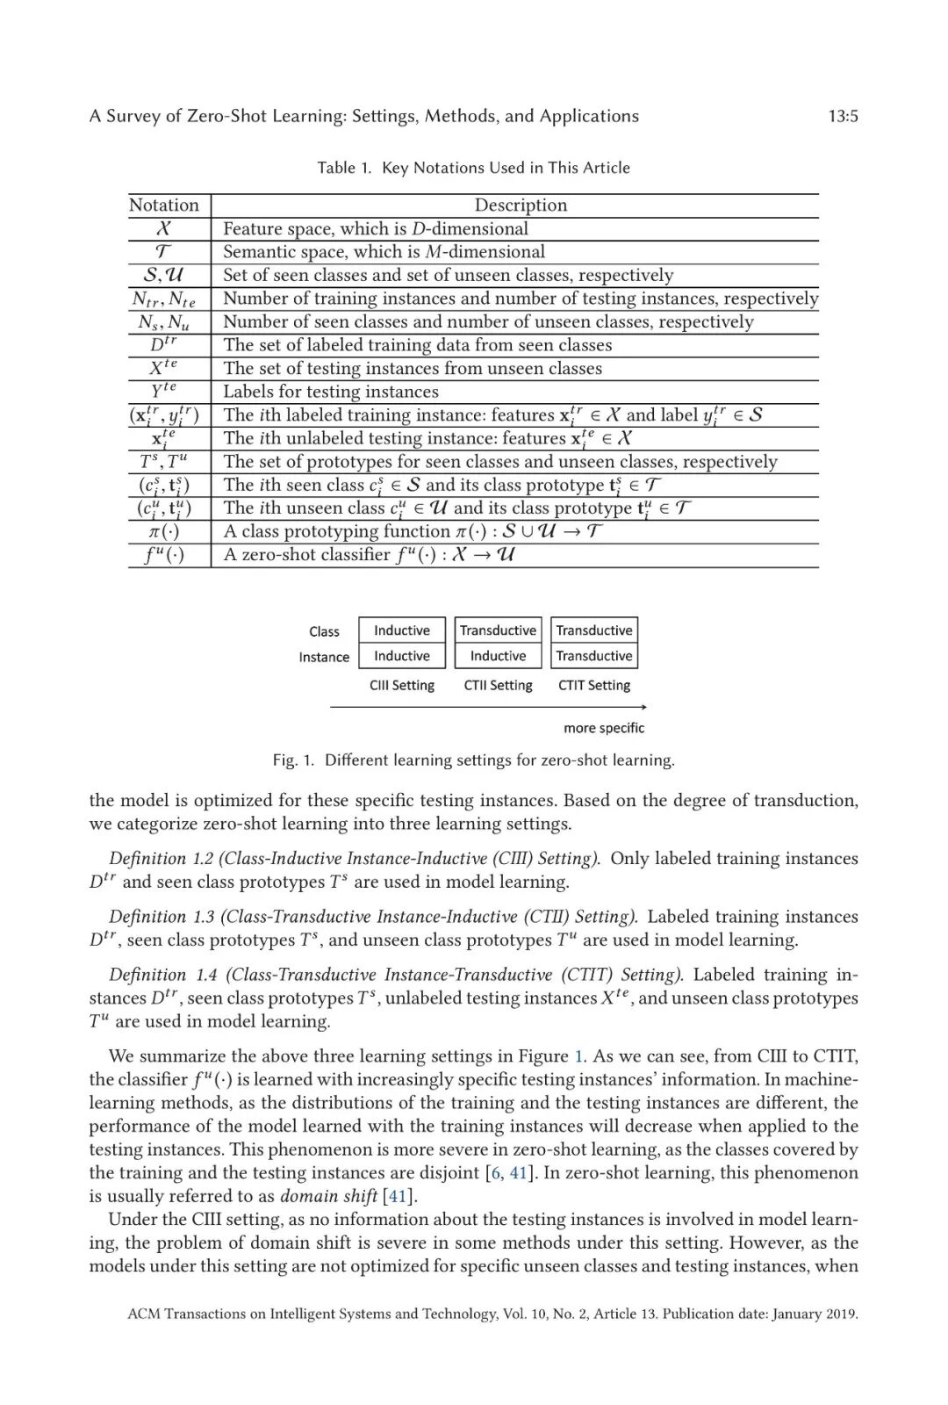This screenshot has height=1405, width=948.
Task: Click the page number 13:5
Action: tap(843, 116)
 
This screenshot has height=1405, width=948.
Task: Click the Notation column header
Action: tap(164, 205)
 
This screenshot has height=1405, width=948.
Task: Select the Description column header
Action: tap(521, 205)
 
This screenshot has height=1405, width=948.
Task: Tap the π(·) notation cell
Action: tap(164, 531)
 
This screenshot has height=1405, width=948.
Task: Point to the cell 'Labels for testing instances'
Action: tap(331, 392)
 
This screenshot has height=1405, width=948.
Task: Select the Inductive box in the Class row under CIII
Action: tap(402, 630)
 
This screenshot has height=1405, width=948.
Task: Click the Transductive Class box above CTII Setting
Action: tap(498, 630)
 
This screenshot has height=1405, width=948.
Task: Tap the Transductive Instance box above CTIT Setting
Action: tap(594, 656)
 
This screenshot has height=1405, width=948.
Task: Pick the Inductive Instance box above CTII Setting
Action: tap(498, 656)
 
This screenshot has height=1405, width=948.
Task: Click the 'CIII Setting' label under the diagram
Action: tap(402, 686)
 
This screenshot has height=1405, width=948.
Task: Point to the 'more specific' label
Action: tap(604, 728)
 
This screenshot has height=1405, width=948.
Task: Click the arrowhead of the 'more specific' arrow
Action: tap(644, 707)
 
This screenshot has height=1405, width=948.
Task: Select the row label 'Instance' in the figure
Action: tap(324, 657)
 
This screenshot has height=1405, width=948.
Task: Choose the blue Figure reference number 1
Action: tap(578, 1056)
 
